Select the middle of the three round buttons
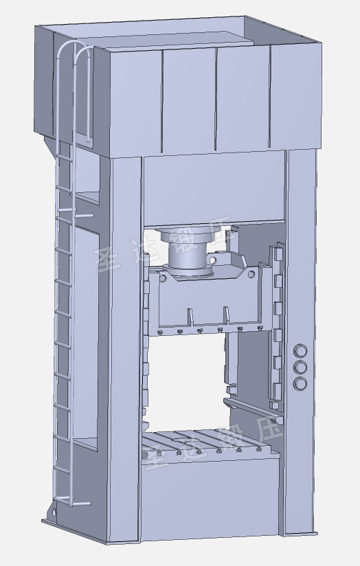pyautogui.click(x=300, y=367)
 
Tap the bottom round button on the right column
pyautogui.click(x=300, y=382)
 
